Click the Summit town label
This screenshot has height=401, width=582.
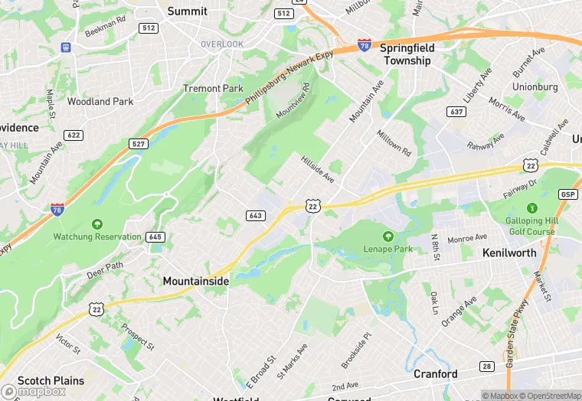(x=187, y=11)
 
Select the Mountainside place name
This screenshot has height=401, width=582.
(x=195, y=282)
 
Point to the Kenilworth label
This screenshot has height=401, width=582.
(x=511, y=252)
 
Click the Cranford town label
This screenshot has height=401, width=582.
(x=435, y=374)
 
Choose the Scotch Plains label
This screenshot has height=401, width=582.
(x=44, y=380)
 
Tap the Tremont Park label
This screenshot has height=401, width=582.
(x=213, y=89)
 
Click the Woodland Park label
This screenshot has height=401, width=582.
(x=100, y=101)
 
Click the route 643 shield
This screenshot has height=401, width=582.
(x=255, y=216)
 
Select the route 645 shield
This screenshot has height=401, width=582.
(x=155, y=237)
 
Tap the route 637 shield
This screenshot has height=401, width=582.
(x=456, y=112)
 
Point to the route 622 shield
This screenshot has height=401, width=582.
(x=74, y=135)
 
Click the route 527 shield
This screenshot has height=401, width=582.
(x=139, y=144)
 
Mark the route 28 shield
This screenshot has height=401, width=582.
(x=487, y=367)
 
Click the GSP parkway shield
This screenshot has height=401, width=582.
(x=567, y=194)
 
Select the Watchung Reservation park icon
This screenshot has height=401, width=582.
(x=97, y=224)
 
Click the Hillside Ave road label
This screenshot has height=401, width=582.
(x=317, y=171)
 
